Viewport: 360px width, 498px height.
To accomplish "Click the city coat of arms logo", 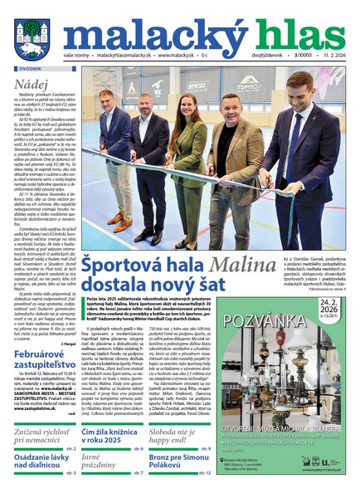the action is click(x=32, y=37).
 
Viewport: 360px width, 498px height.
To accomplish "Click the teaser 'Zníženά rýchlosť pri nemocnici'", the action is click(x=47, y=437).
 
